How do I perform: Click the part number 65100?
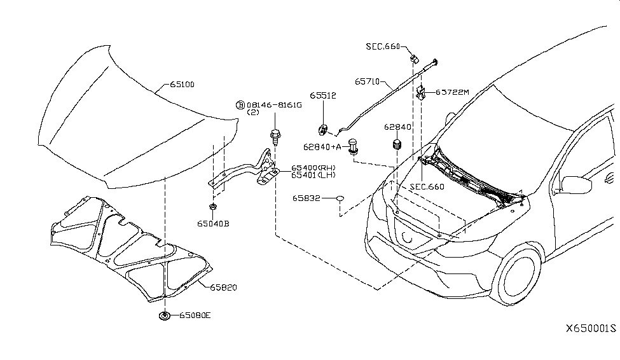(183, 84)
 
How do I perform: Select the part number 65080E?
(195, 315)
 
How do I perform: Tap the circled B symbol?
(240, 104)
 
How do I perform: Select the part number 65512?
(323, 95)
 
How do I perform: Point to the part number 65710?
(367, 81)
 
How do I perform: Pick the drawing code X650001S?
(591, 329)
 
